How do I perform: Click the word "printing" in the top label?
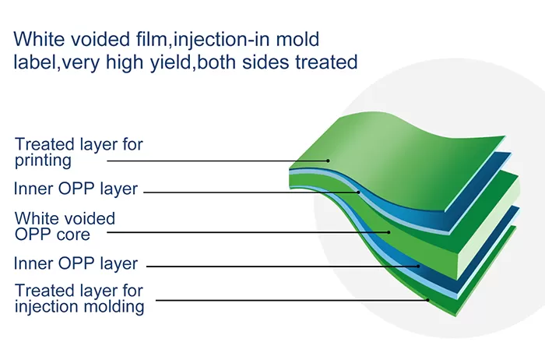(43, 161)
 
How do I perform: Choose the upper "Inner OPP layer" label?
(76, 189)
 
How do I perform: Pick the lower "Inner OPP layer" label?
(76, 263)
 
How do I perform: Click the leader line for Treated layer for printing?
(218, 161)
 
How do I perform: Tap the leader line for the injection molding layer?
(296, 300)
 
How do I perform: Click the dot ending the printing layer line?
(329, 161)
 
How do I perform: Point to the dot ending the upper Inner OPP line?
(359, 191)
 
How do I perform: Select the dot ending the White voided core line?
(389, 231)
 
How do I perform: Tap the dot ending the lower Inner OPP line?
(420, 266)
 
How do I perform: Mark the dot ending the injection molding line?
(427, 300)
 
